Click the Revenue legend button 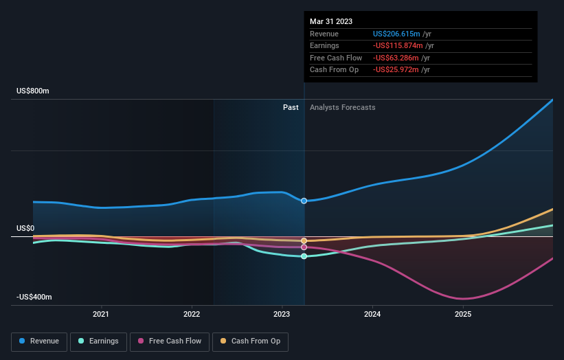point(40,341)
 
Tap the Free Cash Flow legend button point(170,341)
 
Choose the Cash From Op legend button point(250,341)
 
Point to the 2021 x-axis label point(101,315)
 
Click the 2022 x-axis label point(192,315)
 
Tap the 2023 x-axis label point(282,315)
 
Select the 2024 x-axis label point(372,315)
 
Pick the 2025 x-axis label point(463,315)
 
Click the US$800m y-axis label point(34,91)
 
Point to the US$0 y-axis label point(25,228)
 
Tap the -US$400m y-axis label point(34,297)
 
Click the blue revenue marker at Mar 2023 point(304,201)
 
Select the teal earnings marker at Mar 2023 point(304,256)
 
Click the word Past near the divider point(291,107)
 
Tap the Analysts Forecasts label point(343,107)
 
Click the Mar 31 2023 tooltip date point(331,21)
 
